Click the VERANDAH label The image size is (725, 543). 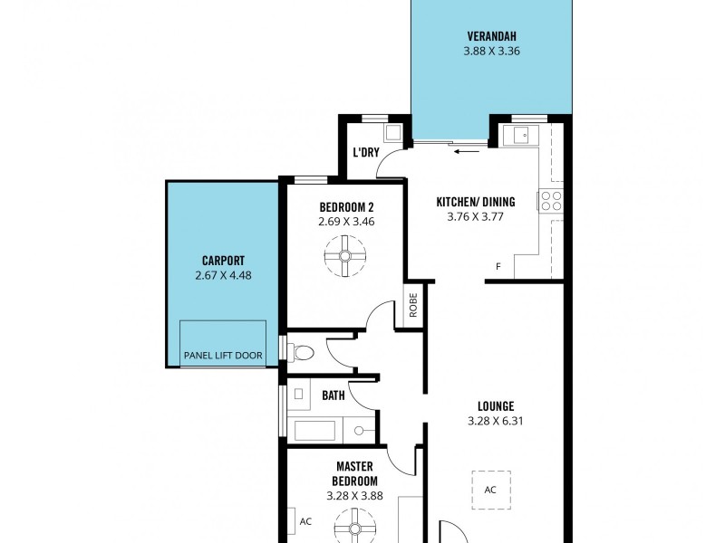(491, 36)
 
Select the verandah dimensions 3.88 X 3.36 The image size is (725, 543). (491, 52)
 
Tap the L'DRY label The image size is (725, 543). (365, 152)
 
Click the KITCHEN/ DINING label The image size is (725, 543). (475, 201)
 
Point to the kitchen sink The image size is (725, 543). (520, 136)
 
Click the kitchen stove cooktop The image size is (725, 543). (551, 201)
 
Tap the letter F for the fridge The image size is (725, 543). (498, 266)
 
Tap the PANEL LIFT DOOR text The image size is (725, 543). (223, 356)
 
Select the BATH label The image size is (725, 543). (333, 395)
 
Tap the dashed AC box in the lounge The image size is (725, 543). (490, 490)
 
